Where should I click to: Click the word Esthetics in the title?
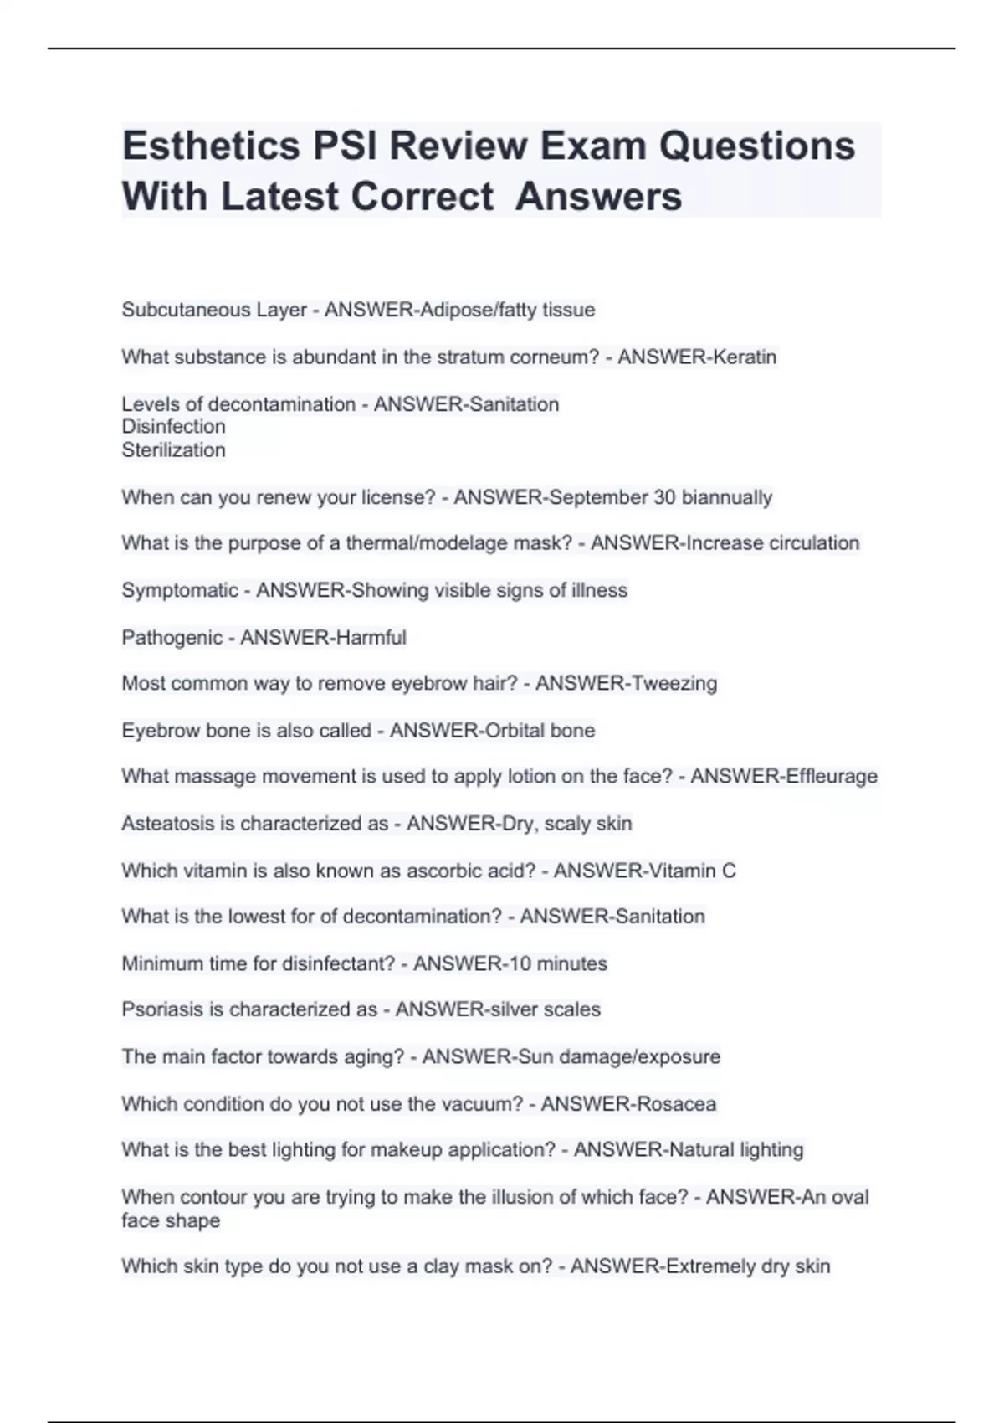211,146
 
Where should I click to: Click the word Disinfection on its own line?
173,427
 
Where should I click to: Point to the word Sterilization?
173,450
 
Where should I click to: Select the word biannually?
726,497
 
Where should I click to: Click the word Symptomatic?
180,591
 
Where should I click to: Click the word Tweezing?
673,684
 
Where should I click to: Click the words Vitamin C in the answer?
690,871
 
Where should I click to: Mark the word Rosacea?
674,1104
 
